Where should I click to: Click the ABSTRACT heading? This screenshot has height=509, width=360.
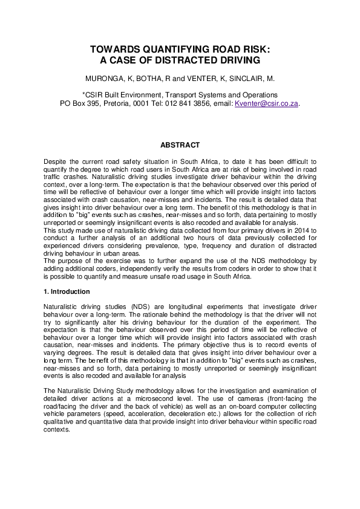pyautogui.click(x=180, y=145)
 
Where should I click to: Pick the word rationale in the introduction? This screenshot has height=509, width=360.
pyautogui.click(x=131, y=315)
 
